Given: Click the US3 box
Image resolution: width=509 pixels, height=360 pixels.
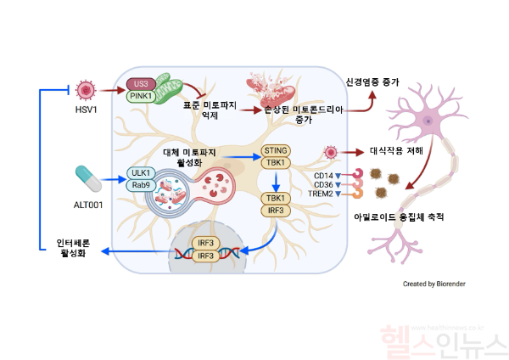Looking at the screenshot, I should pos(140,83).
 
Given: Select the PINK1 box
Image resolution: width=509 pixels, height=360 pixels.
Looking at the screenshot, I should pos(140,96).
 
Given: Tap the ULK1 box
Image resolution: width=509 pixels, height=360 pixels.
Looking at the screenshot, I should pos(141,173).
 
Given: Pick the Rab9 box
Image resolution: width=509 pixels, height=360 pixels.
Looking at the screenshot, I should pos(141,187).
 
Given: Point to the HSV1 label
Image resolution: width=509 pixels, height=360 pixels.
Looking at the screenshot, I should pos(87,110).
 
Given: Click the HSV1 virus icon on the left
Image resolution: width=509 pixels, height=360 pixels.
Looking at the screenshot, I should pos(86,89).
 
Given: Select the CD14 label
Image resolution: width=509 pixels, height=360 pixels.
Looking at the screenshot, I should pos(323,176).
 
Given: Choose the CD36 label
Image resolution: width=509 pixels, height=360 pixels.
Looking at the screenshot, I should pos(323,185).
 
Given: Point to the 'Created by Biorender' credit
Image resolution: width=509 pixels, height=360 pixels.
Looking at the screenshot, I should pos(433,284).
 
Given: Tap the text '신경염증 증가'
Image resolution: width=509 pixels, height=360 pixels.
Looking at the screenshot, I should pos(372,82).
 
